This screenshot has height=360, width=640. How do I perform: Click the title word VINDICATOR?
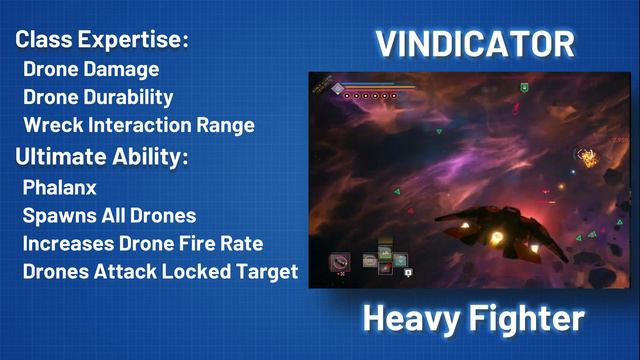click(x=474, y=43)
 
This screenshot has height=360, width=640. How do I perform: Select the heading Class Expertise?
click(x=102, y=41)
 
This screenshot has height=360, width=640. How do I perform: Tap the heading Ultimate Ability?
click(x=103, y=157)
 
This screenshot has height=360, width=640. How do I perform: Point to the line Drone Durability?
click(x=98, y=98)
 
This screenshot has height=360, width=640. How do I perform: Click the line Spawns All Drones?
click(x=108, y=215)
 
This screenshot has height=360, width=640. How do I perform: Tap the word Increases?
click(x=67, y=243)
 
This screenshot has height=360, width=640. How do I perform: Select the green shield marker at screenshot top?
click(x=523, y=88)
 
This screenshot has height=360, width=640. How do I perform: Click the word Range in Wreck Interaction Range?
click(x=226, y=126)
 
